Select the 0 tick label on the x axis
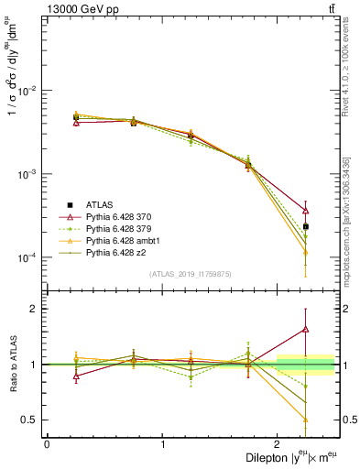[47, 443]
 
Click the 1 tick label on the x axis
[163, 443]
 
